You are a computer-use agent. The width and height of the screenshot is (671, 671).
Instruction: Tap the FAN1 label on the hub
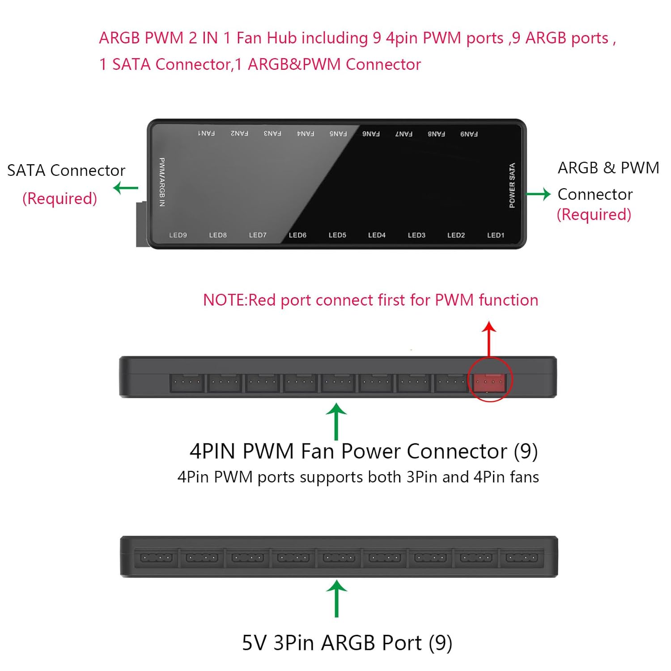pyautogui.click(x=206, y=133)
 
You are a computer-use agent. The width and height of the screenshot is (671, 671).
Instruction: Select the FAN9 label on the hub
pyautogui.click(x=469, y=134)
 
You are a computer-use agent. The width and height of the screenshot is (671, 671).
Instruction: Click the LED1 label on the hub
pyautogui.click(x=496, y=235)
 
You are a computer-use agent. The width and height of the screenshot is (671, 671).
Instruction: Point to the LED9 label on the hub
pyautogui.click(x=178, y=235)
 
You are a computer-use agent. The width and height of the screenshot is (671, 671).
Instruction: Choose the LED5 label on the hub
pyautogui.click(x=337, y=235)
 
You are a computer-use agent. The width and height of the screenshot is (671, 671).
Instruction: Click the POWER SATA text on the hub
pyautogui.click(x=512, y=185)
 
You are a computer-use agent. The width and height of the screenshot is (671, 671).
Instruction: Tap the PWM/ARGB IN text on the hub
pyautogui.click(x=162, y=182)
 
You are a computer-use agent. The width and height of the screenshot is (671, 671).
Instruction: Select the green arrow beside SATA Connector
pyautogui.click(x=126, y=188)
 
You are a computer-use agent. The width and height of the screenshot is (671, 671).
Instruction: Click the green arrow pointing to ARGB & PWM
pyautogui.click(x=539, y=194)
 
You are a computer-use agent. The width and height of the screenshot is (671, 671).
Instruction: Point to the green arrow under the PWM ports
pyautogui.click(x=336, y=422)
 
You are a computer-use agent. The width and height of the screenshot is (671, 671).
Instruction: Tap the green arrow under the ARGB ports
pyautogui.click(x=336, y=599)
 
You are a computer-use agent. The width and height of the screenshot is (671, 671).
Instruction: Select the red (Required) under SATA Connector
pyautogui.click(x=59, y=198)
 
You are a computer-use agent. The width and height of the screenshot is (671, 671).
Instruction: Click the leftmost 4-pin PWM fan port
pyautogui.click(x=187, y=383)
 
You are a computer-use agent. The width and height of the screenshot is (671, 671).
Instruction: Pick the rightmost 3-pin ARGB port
pyautogui.click(x=522, y=557)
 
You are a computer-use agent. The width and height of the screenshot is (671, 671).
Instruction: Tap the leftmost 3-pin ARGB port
pyautogui.click(x=156, y=557)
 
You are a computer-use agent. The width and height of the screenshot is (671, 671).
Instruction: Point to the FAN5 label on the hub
pyautogui.click(x=338, y=133)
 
